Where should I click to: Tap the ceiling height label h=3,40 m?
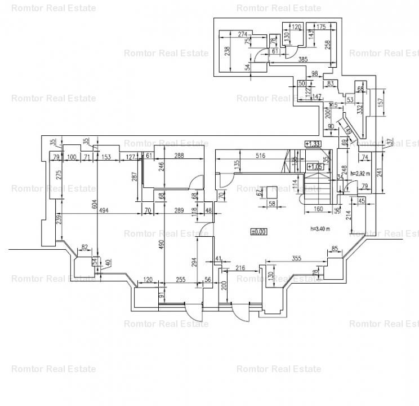pos(320,228)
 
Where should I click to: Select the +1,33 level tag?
pos(313,144)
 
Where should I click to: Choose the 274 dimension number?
pos(243,35)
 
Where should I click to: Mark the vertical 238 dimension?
pos(227,51)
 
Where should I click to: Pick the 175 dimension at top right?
pos(321,27)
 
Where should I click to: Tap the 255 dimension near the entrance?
pos(180,279)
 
